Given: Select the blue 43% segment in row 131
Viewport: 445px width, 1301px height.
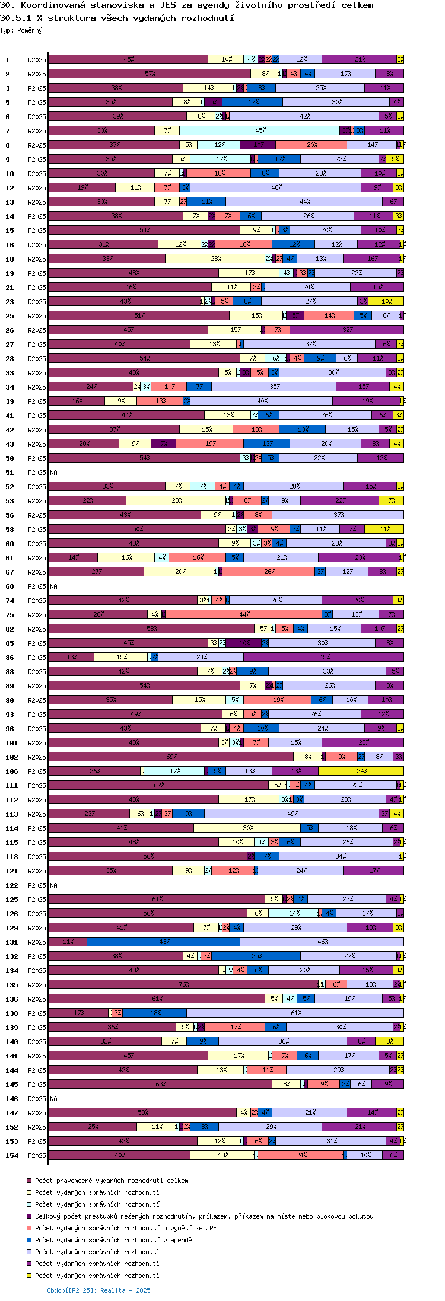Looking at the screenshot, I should click(164, 942).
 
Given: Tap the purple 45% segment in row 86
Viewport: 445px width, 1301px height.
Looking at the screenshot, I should click(324, 657).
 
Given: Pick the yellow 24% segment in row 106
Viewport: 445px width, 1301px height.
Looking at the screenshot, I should click(361, 771).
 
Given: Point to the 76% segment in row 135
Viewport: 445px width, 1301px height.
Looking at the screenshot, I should click(183, 984).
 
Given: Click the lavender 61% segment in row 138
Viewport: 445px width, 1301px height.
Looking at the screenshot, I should click(295, 1013).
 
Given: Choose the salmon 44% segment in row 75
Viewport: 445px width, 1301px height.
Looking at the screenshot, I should click(244, 614).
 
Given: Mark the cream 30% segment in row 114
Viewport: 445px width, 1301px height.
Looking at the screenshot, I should click(247, 828).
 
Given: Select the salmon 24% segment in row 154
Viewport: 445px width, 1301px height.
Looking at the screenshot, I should click(301, 1155).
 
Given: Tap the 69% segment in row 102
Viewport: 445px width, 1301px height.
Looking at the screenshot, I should click(171, 757).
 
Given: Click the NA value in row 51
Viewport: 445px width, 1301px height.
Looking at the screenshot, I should click(53, 473).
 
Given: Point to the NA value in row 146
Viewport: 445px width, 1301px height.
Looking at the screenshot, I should click(53, 1099).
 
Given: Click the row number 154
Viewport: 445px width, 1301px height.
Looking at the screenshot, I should click(12, 1156).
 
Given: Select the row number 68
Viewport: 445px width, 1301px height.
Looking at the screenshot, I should click(9, 586).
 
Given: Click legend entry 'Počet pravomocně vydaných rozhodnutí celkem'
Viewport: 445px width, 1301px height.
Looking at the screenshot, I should click(112, 1181).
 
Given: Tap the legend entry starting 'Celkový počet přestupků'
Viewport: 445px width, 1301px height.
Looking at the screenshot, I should click(204, 1216).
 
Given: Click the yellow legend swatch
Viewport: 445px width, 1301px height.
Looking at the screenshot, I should click(29, 1276).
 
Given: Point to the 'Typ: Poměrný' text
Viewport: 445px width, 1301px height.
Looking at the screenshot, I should click(21, 30).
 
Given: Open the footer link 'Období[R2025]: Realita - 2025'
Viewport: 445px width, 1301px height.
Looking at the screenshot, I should click(98, 1290).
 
